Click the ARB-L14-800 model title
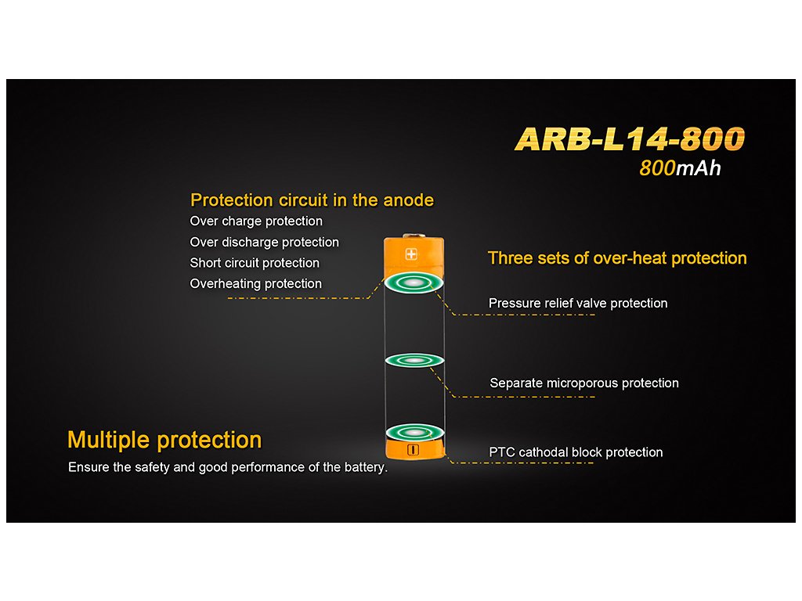click(630, 139)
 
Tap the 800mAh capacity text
click(680, 168)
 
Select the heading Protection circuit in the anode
click(312, 200)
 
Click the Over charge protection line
click(256, 221)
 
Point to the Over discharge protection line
click(265, 243)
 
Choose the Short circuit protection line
click(255, 263)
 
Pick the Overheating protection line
click(256, 283)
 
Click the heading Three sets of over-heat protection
click(617, 258)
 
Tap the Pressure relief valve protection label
click(578, 303)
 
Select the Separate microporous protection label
click(584, 383)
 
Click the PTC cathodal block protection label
click(576, 452)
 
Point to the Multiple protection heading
click(164, 440)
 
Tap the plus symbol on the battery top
click(411, 254)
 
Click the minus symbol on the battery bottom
click(413, 450)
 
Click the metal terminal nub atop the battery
click(414, 236)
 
